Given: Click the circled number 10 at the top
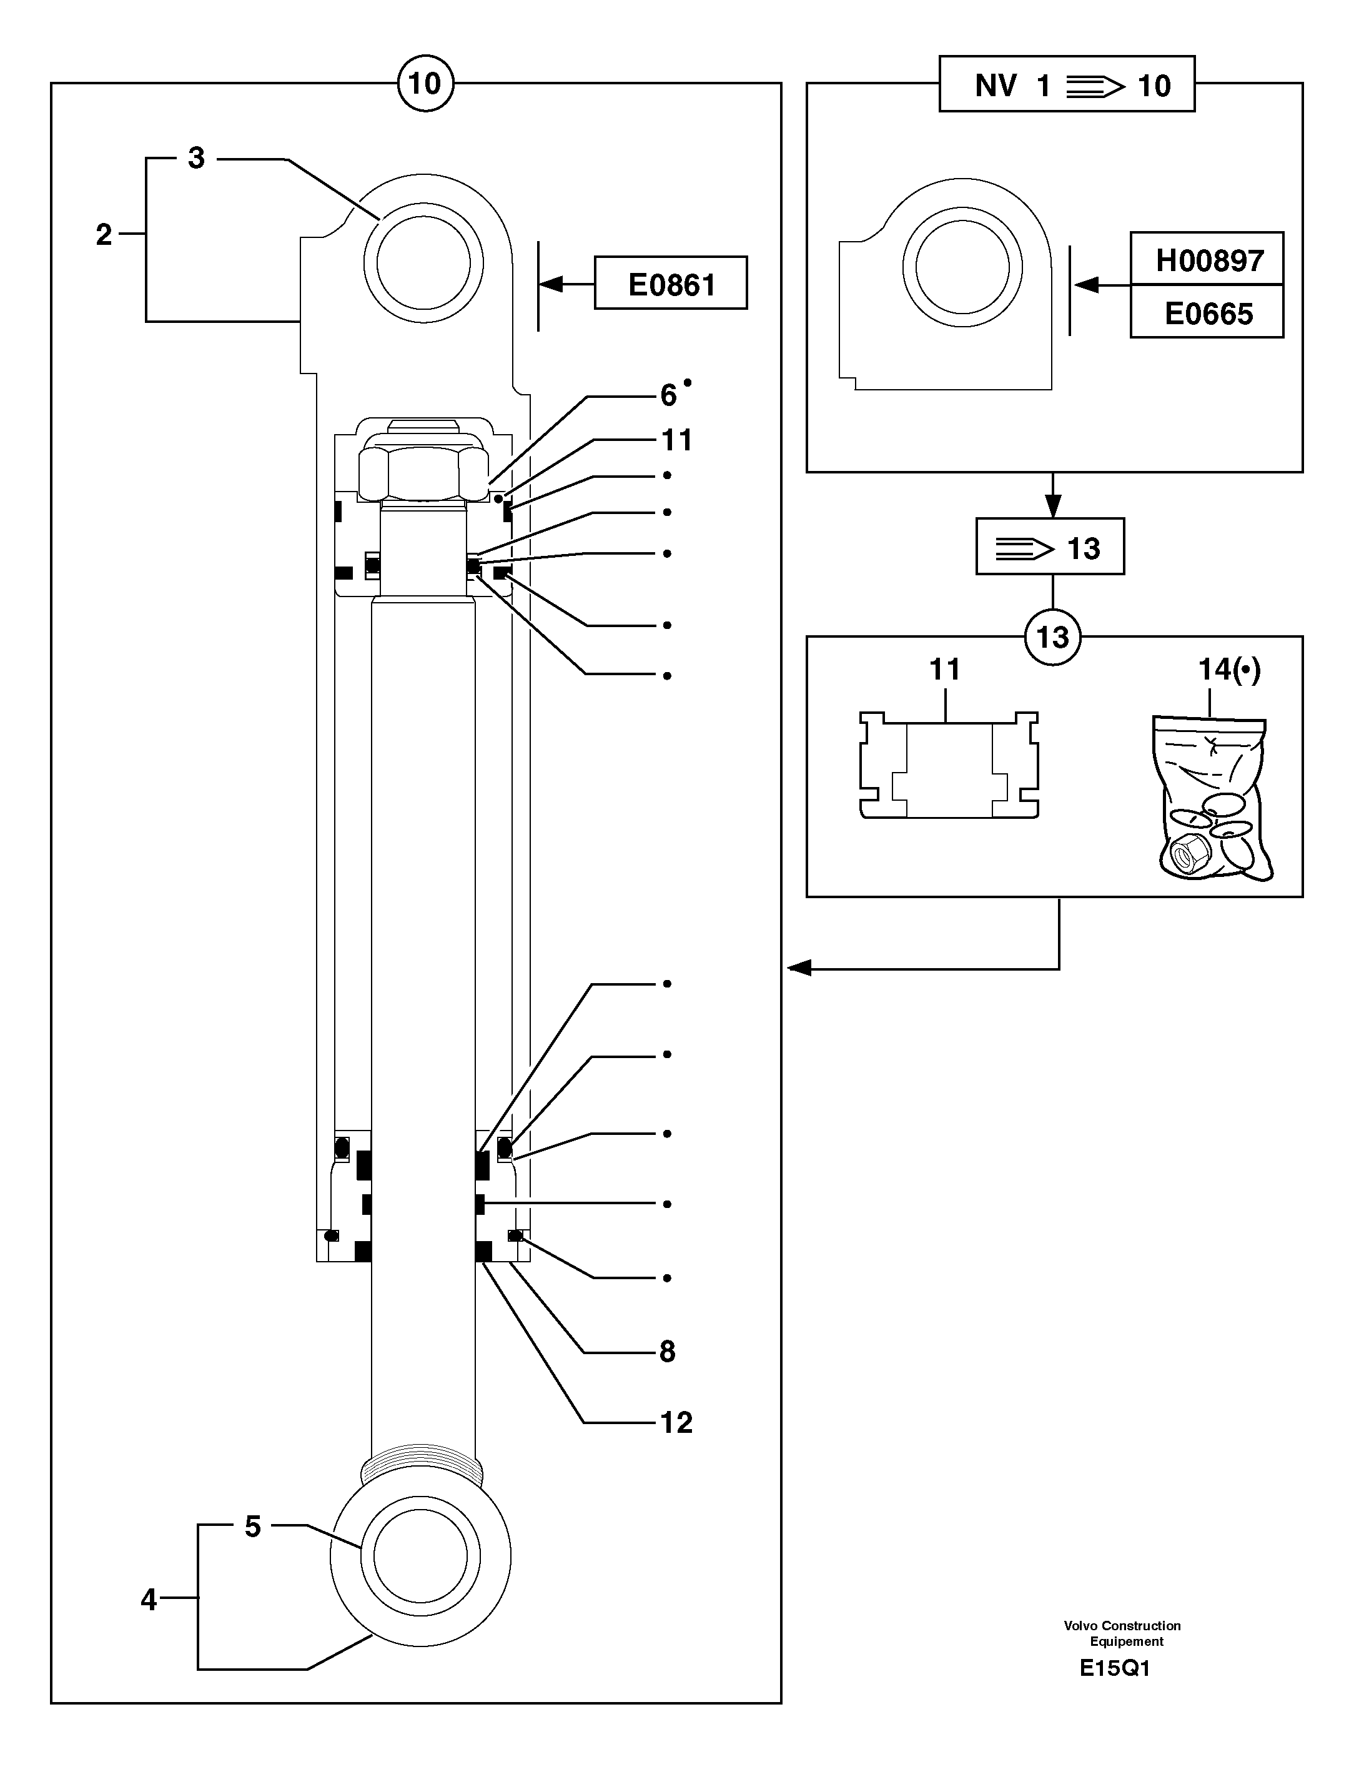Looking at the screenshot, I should pyautogui.click(x=425, y=83).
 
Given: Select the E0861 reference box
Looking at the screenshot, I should pyautogui.click(x=671, y=284).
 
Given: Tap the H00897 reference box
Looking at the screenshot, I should pyautogui.click(x=1207, y=260).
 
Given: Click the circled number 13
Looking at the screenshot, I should pyautogui.click(x=1052, y=636).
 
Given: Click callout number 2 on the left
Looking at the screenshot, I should pyautogui.click(x=104, y=235).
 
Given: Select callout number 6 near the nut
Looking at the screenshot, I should pyautogui.click(x=668, y=395).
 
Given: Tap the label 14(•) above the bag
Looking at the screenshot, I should pyautogui.click(x=1229, y=670).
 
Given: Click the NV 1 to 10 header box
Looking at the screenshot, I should pyautogui.click(x=1067, y=84).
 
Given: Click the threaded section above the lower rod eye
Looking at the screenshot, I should pyautogui.click(x=422, y=1467).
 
